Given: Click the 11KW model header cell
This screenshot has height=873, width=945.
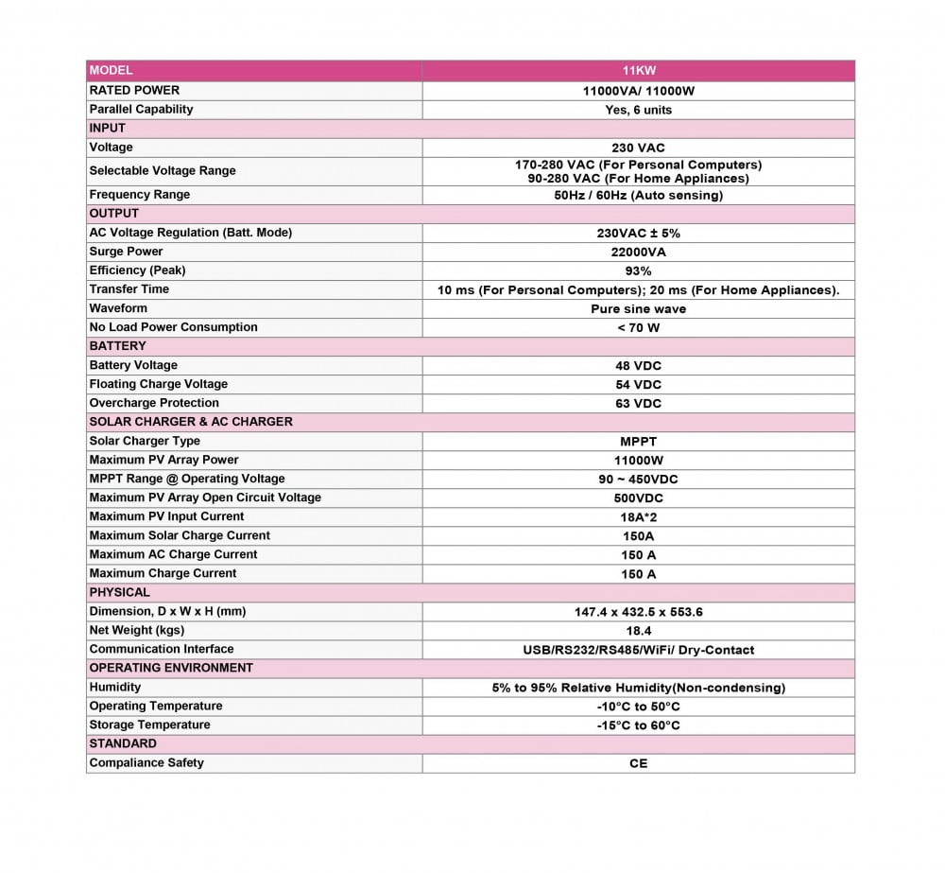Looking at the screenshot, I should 638,71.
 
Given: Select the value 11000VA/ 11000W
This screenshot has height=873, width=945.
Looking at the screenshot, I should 638,91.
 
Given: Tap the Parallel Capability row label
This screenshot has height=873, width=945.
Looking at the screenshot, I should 141,110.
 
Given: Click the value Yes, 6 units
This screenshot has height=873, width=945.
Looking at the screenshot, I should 638,110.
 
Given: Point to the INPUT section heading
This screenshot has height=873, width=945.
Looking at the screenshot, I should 107,129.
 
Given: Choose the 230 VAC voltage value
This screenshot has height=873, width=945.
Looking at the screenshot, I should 638,148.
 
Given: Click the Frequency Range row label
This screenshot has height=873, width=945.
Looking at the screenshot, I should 139,195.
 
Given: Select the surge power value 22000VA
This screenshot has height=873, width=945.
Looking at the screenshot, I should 638,252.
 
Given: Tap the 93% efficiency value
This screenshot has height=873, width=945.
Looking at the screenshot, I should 638,271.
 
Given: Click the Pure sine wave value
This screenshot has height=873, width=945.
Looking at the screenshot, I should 638,308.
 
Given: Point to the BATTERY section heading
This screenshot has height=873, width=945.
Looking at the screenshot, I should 117,346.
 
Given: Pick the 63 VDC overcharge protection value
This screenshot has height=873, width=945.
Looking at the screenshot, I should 638,403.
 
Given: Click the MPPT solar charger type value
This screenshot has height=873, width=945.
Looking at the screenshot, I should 638,441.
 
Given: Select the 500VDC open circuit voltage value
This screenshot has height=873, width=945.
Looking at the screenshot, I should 638,498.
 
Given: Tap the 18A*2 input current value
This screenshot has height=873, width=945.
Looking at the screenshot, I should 638,516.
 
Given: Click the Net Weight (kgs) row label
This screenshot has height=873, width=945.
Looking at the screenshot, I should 136,630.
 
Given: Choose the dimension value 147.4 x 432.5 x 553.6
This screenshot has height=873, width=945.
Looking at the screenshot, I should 638,611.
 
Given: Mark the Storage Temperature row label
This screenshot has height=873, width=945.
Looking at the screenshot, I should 149,725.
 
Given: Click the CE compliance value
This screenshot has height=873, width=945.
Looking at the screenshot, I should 638,762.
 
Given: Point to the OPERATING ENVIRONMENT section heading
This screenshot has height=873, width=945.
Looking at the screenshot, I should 171,668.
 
